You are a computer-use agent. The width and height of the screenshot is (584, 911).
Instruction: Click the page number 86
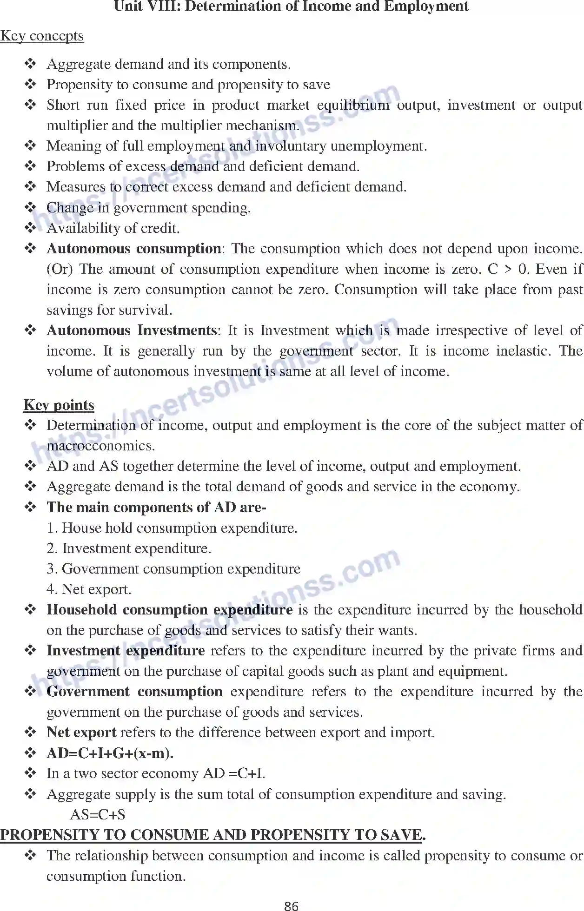tap(291, 905)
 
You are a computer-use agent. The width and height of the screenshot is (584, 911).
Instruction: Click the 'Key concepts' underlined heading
tap(42, 36)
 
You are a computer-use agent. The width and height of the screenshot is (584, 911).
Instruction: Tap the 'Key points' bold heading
tap(59, 405)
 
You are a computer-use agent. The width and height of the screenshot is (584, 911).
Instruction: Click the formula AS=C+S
tap(98, 814)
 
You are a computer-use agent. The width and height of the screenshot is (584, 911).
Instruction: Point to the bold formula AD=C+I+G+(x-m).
tap(110, 753)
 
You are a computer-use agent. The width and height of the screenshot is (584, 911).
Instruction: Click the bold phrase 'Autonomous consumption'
tap(134, 249)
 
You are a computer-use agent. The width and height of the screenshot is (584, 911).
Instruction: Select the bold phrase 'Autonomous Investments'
tap(132, 330)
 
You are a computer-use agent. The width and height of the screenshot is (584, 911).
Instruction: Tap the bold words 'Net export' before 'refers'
tap(81, 733)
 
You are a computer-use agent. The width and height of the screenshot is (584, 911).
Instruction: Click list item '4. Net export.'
tap(89, 589)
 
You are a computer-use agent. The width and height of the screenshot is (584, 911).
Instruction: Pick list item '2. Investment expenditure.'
tap(129, 548)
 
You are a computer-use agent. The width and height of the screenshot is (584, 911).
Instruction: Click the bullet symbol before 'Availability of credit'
tap(30, 228)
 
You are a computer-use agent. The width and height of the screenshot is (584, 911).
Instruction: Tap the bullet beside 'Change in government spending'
tap(30, 207)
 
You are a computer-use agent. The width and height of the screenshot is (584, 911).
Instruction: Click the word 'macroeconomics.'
tap(101, 446)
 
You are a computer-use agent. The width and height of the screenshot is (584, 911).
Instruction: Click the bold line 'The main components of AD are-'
tap(156, 507)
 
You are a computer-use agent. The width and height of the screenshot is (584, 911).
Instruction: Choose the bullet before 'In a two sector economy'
tap(30, 773)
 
